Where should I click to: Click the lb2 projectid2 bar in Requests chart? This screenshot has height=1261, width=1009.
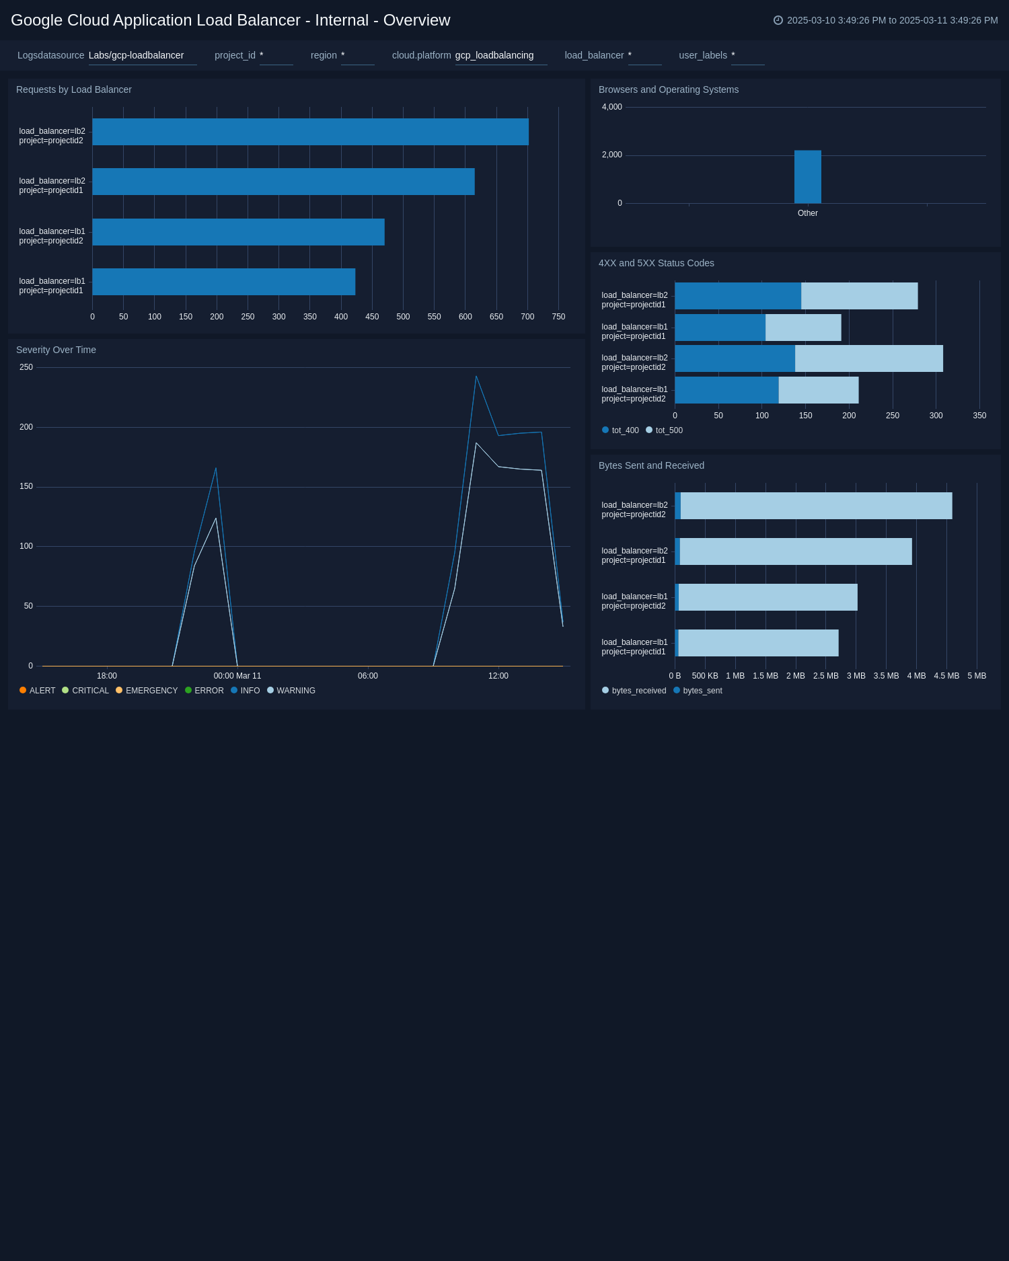pos(309,132)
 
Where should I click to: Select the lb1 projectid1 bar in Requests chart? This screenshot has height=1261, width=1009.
pos(223,282)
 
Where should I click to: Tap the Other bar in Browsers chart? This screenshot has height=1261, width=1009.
pos(807,177)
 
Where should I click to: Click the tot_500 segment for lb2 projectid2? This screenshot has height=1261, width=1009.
pos(868,358)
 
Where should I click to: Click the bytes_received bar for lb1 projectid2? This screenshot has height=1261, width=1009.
pos(768,597)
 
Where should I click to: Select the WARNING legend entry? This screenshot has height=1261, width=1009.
pos(291,691)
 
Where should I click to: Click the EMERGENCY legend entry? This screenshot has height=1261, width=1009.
pos(147,691)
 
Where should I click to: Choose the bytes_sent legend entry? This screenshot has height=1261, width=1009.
pos(698,691)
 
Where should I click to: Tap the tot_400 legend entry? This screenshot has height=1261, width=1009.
pos(620,430)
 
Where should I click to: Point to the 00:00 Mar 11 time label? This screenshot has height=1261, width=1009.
pos(237,676)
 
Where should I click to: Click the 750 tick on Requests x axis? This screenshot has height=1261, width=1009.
pos(558,317)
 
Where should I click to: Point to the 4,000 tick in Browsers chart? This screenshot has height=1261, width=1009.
pos(611,107)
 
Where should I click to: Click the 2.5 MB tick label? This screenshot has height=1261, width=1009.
pos(825,676)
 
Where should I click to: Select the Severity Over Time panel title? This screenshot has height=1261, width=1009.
pos(56,350)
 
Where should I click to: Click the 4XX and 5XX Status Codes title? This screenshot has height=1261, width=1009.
pos(656,263)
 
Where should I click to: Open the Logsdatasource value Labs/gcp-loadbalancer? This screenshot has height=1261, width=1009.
pos(136,55)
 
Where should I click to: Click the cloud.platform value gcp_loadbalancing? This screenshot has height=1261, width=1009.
pos(494,55)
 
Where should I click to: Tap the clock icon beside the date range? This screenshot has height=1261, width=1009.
pos(778,20)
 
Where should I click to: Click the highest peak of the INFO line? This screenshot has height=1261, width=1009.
pos(476,377)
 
